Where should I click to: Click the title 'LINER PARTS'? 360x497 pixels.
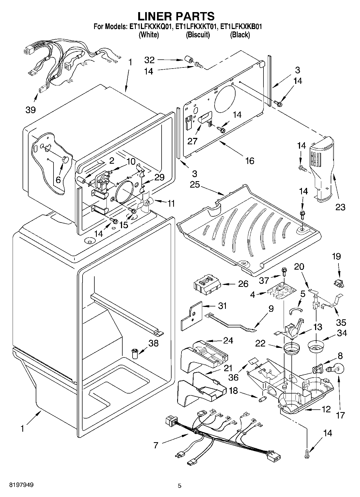[x=176, y=16]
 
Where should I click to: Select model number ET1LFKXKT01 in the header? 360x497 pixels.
[x=197, y=27]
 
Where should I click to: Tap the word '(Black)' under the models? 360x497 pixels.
[x=240, y=35]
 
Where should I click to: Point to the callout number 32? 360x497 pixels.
[x=149, y=60]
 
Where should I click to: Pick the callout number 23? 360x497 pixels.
[x=340, y=207]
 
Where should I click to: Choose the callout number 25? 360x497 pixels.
[x=195, y=185]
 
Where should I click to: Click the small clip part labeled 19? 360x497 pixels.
[x=339, y=283]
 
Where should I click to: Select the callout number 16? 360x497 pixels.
[x=249, y=161]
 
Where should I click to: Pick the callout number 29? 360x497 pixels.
[x=159, y=177]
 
